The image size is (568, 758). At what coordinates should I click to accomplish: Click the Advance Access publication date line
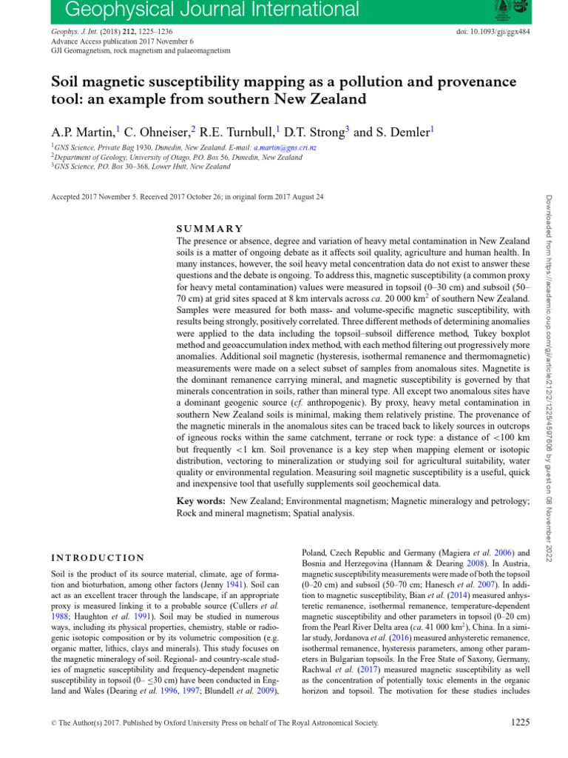click(x=121, y=41)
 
